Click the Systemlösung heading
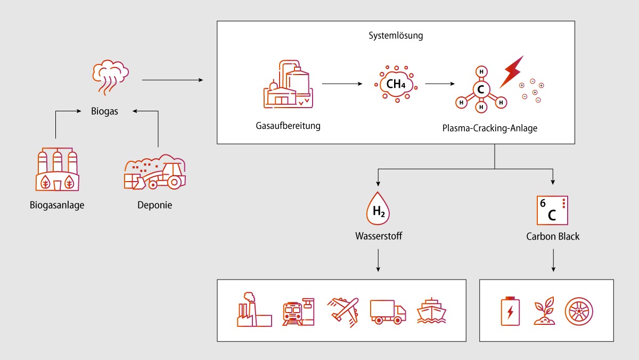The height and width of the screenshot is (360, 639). point(396,36)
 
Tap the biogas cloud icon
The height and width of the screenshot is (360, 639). point(110,77)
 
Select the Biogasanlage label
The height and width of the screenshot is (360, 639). point(57,205)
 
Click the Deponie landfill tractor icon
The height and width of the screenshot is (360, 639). point(155,171)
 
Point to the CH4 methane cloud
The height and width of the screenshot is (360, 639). point(396,84)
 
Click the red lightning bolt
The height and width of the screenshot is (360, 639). point(512,72)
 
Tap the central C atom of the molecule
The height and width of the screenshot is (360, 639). point(481,89)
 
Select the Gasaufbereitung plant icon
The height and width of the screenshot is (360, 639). point(288,84)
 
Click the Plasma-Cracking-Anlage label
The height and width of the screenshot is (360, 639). point(490,128)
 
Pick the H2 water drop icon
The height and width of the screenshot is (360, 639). point(378,209)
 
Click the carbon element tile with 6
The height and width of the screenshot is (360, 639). point(552,210)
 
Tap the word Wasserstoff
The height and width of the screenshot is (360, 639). point(379,236)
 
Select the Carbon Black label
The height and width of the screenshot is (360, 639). point(553,236)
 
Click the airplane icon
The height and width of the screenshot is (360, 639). point(343,312)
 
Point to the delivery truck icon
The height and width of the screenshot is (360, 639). point(388,312)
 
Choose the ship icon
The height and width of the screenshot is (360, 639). point(431,311)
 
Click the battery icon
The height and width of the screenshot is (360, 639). point(510,311)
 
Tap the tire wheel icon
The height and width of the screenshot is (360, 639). point(579,312)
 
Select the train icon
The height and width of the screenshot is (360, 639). point(298,312)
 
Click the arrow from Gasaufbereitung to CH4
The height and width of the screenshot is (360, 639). point(342,84)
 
